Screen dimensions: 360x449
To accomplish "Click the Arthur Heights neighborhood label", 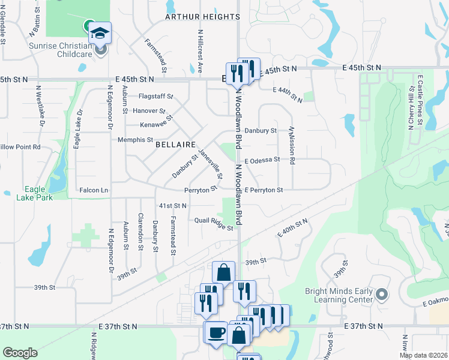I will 202,17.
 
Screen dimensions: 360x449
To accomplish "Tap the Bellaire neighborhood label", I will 176,145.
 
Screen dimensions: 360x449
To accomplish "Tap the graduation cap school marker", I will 100,32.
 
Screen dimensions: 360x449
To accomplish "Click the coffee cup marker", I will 215,332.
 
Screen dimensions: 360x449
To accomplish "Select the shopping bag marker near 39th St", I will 223,271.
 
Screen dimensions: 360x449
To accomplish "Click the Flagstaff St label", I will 155,96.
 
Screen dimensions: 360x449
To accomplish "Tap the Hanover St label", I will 149,111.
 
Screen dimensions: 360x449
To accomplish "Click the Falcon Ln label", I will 94,190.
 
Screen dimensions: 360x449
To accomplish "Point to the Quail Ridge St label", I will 213,223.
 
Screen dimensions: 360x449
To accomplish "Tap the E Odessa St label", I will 262,160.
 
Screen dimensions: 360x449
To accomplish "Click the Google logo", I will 19,352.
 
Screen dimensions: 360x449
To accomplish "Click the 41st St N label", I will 172,205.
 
